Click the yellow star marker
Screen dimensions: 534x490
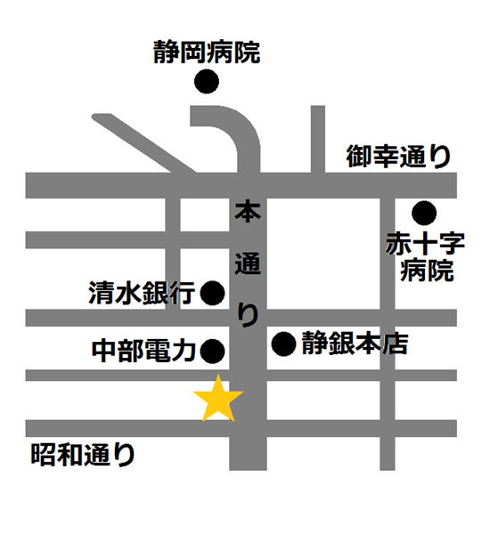218,400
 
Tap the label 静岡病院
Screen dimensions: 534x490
206,52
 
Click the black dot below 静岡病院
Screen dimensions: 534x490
207,83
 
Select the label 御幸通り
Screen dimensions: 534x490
399,158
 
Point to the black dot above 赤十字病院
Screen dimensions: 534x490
423,213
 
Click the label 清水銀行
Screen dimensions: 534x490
141,294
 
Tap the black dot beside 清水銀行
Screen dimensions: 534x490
212,293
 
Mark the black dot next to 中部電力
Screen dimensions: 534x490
212,351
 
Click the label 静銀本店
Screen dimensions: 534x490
355,344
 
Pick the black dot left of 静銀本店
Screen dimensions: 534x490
283,344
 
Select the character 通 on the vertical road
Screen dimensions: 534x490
247,264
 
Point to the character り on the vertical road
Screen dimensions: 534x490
248,314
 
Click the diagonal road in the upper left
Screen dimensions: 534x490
143,142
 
